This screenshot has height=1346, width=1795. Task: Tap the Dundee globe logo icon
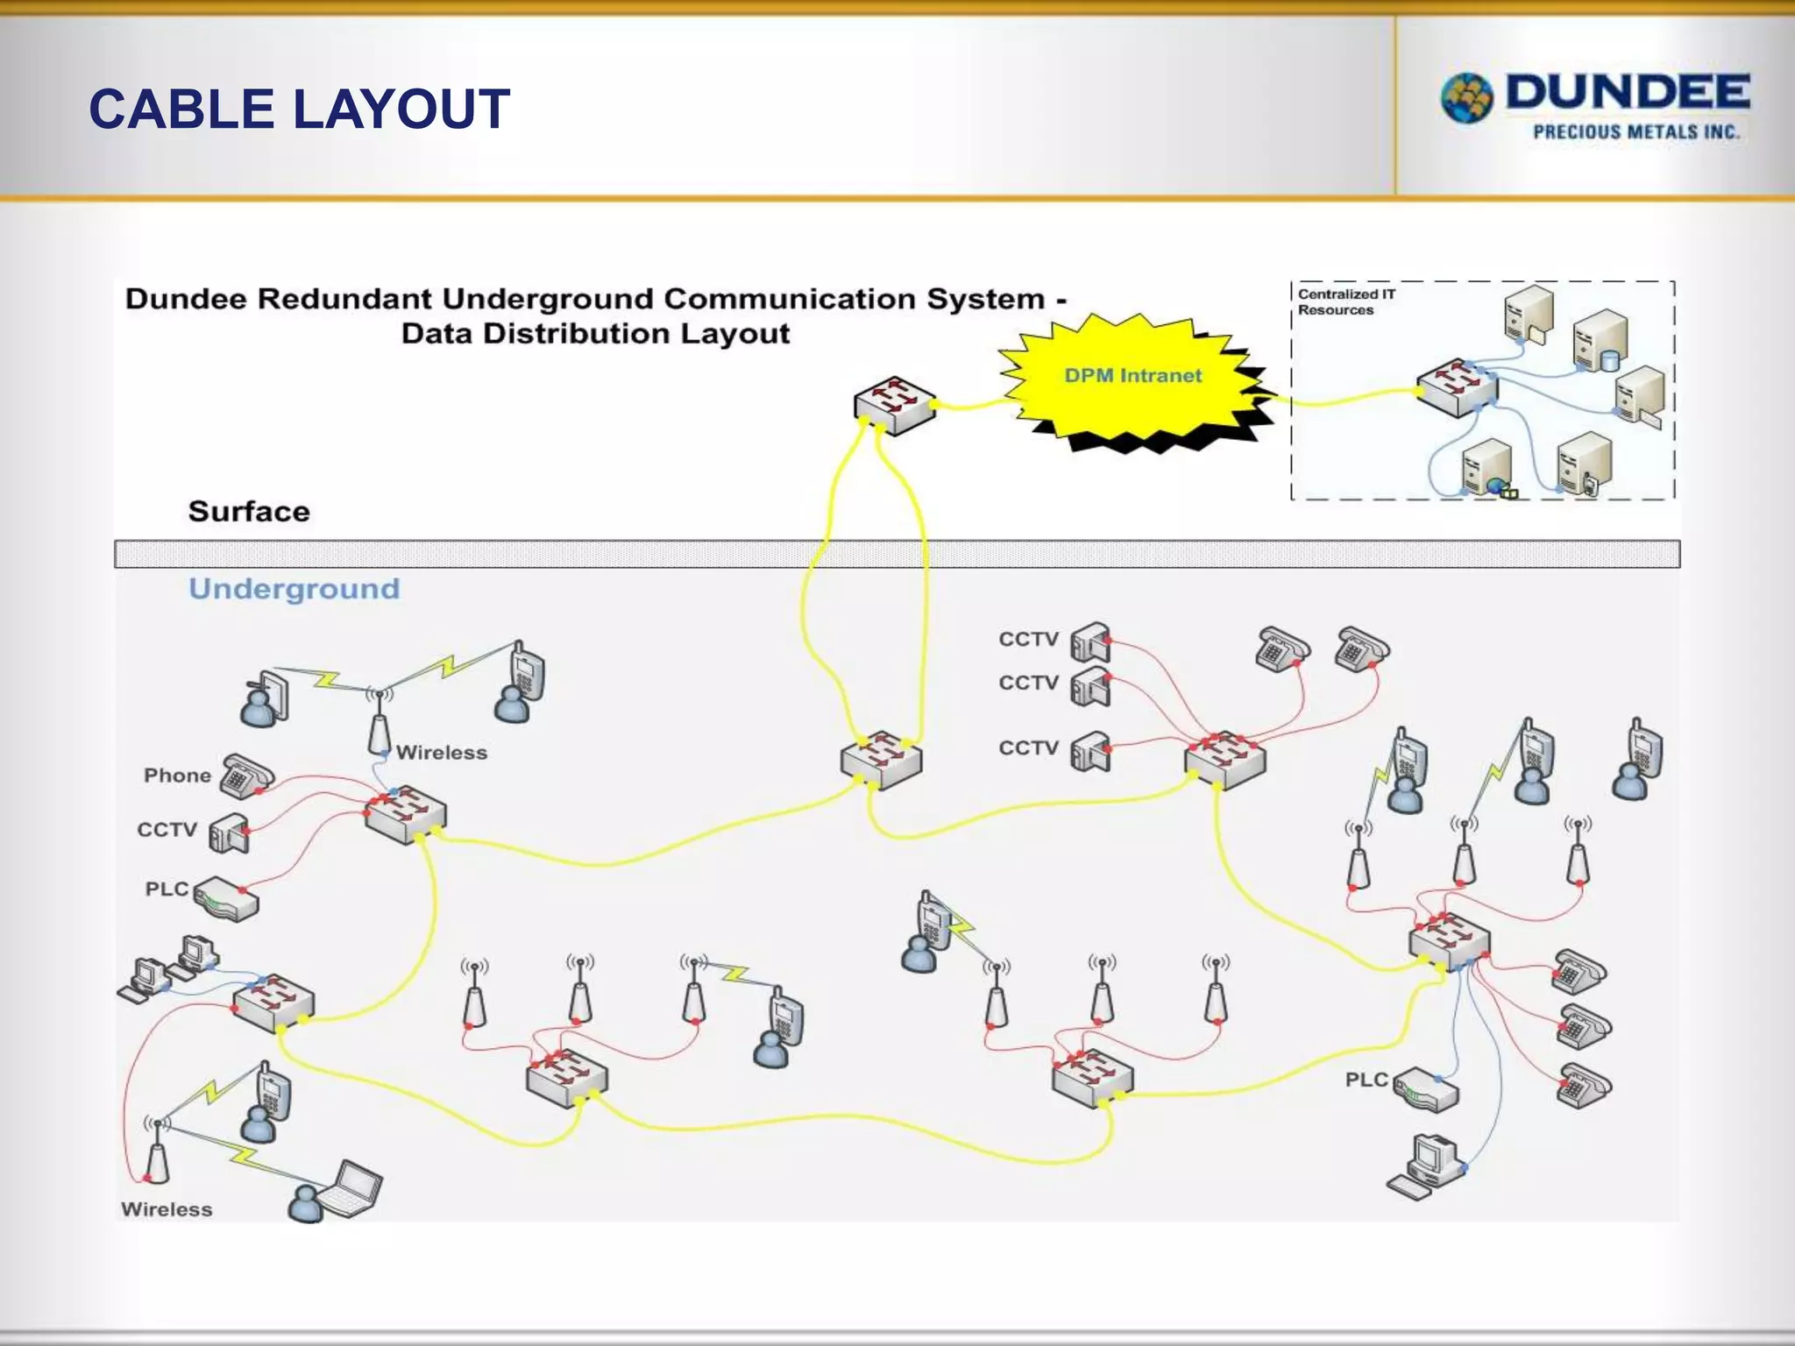[1467, 98]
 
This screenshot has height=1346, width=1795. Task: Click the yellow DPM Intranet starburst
[1134, 377]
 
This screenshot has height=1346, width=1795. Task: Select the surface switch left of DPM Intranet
[894, 405]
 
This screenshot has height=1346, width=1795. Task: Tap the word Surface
[249, 512]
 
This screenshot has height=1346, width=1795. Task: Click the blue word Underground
[294, 589]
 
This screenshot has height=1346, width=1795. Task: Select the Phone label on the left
[177, 776]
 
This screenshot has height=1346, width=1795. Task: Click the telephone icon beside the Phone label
[245, 776]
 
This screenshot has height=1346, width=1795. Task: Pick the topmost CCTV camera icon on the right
[1090, 643]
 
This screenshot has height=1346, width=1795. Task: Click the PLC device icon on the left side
[226, 899]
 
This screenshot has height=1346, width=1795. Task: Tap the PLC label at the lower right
[1366, 1080]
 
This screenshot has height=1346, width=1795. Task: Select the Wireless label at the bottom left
[167, 1209]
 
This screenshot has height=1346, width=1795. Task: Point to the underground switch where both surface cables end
[881, 761]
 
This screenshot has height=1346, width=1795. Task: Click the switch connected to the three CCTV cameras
[1224, 761]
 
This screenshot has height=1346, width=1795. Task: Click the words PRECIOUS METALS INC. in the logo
[1635, 132]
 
